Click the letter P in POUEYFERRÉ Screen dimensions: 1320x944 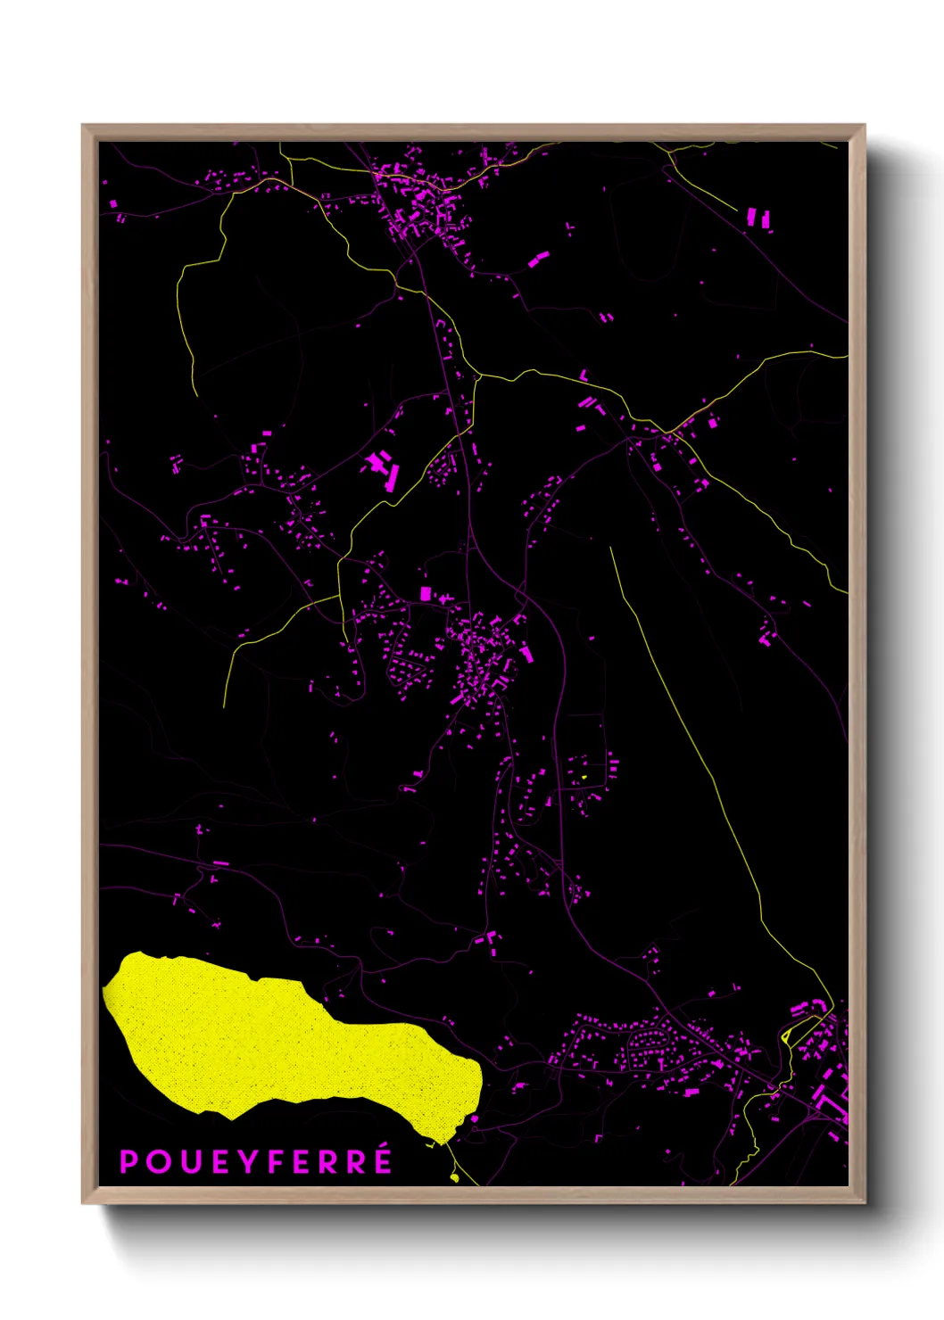tap(129, 1162)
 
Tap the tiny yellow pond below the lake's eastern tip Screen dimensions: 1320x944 tap(454, 1177)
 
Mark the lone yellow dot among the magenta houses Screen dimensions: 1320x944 tap(583, 777)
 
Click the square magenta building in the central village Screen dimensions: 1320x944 tap(426, 593)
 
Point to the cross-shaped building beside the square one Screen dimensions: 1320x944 tap(443, 598)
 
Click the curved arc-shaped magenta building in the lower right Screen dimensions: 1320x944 tap(799, 1009)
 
